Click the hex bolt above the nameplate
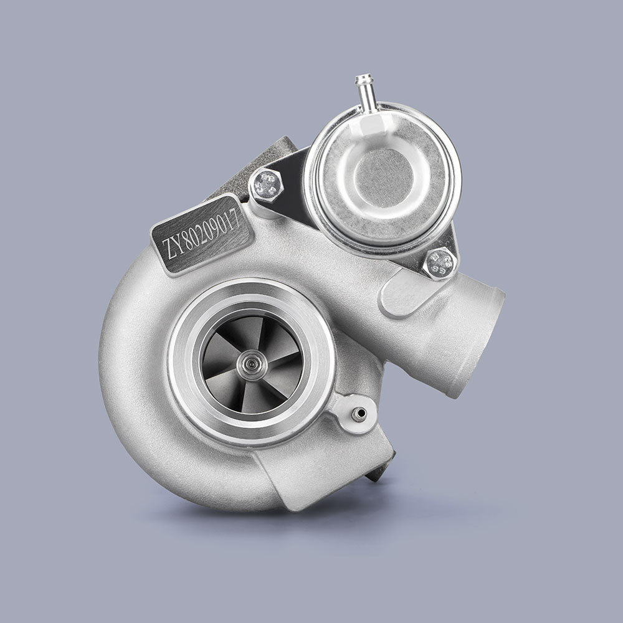point(266,184)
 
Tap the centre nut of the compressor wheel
point(253,361)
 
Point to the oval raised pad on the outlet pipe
point(405,293)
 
